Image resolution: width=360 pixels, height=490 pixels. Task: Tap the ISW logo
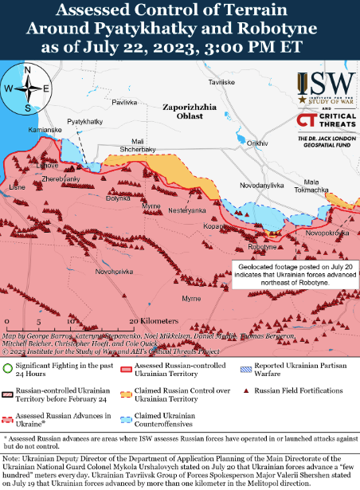pos(327,84)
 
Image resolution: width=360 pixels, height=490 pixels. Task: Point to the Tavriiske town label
pos(221,83)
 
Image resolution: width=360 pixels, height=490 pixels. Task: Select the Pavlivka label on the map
pos(125,103)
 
